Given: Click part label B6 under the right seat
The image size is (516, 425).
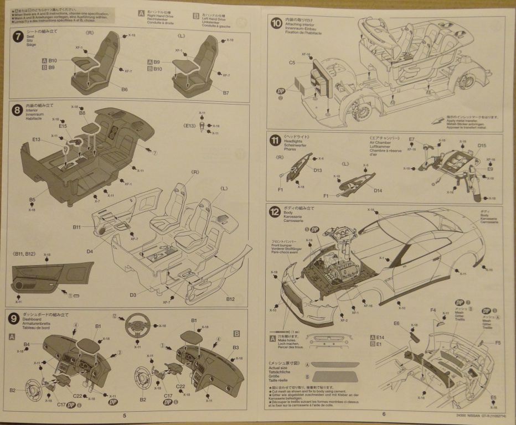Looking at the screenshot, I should pyautogui.click(x=125, y=89).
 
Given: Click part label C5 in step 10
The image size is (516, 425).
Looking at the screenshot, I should pyautogui.click(x=292, y=63).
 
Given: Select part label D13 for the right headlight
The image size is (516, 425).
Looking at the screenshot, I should pyautogui.click(x=317, y=170).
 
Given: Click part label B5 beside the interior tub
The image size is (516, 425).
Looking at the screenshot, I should pyautogui.click(x=32, y=199).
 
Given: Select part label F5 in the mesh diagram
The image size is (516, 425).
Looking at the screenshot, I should pyautogui.click(x=498, y=343).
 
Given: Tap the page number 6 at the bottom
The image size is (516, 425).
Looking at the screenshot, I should pyautogui.click(x=383, y=415).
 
